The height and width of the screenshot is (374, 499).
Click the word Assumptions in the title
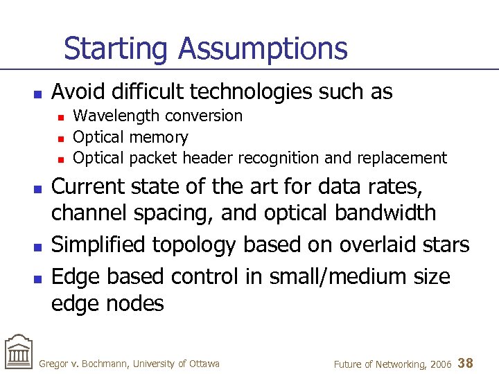tap(263, 50)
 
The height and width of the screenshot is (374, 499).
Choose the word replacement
tap(402, 158)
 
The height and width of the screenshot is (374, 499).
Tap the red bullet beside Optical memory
tap(61, 138)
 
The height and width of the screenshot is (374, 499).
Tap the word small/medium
tap(331, 277)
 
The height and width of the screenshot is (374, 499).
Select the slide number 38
tap(466, 362)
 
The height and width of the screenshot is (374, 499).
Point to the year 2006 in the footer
tap(439, 364)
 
